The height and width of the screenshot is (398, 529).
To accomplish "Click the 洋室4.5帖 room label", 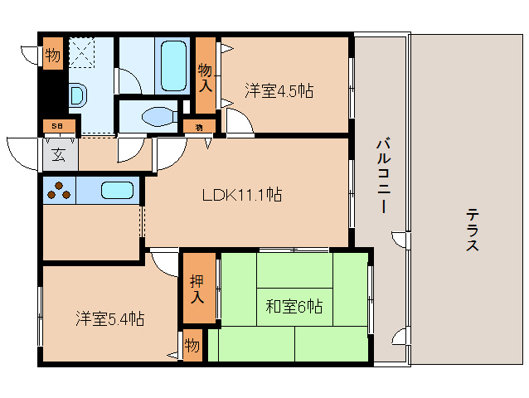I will coord(279,90).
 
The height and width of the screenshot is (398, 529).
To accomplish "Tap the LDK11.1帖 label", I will coord(242,195).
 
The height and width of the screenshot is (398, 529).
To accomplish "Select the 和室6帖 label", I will coord(294,307).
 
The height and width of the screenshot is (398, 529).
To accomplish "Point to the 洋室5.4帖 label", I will coord(110,318).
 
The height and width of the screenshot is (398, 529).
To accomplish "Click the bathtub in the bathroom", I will coord(173,66).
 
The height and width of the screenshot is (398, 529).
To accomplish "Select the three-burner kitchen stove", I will coord(59,191).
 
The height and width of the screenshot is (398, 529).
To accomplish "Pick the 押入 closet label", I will coord(197,288).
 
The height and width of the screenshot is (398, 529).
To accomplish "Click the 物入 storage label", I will coord(205,76).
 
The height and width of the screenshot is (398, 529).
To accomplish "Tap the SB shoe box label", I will coord(56,126).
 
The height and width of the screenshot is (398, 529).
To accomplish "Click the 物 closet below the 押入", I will coord(192,344).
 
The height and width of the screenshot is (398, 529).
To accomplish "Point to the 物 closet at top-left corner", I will coord(52,56).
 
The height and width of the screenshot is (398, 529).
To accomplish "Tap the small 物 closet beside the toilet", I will coord(199,126).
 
